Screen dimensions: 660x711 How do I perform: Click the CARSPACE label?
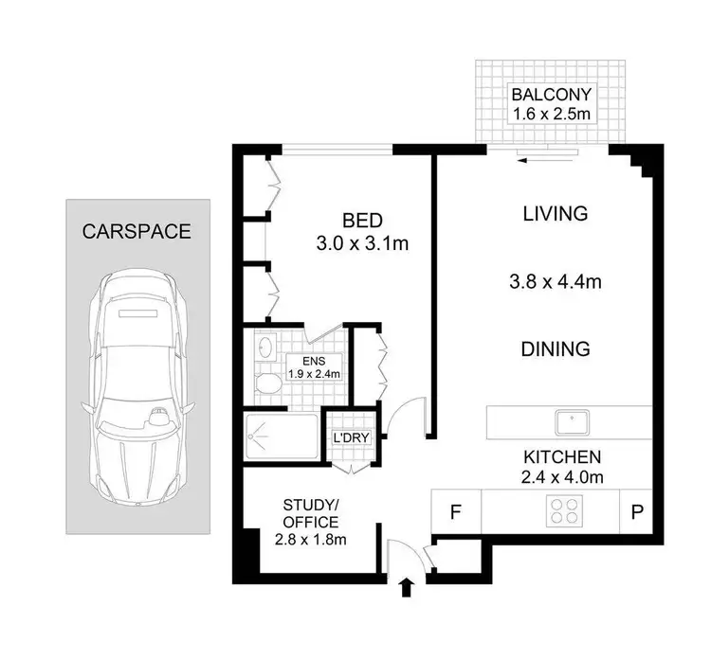tap(137, 231)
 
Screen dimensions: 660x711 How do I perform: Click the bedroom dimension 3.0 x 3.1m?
tap(361, 244)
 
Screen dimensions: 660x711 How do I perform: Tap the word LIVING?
tap(556, 214)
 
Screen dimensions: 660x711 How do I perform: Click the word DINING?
tap(556, 348)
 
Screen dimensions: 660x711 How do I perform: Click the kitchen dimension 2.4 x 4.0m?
tap(563, 477)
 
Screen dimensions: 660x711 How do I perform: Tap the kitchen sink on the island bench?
tap(572, 420)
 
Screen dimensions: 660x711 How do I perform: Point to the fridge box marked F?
tap(456, 514)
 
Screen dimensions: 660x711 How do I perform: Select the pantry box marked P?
tap(634, 514)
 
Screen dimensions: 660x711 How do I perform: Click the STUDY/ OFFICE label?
tap(310, 522)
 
